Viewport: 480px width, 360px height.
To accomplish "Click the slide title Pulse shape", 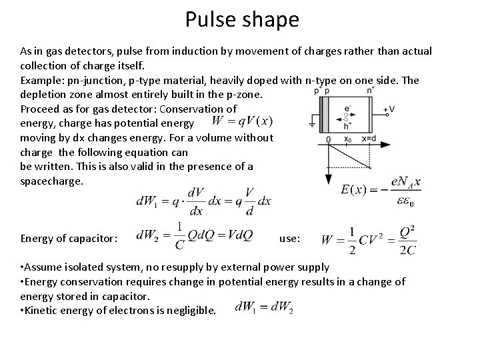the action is (x=242, y=19).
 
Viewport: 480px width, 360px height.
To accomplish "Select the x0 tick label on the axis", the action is (x=347, y=139).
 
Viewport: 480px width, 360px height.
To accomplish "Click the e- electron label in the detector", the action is (x=347, y=106).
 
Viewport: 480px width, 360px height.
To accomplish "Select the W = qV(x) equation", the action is (x=241, y=121).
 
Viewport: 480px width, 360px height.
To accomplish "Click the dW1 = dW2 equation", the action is (x=264, y=309).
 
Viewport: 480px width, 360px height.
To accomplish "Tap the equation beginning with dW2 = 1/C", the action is (x=194, y=235).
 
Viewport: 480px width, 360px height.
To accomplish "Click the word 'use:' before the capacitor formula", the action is (x=289, y=238).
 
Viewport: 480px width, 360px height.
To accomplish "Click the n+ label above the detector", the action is (x=317, y=89).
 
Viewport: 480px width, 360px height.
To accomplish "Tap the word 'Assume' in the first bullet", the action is (x=44, y=267).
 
